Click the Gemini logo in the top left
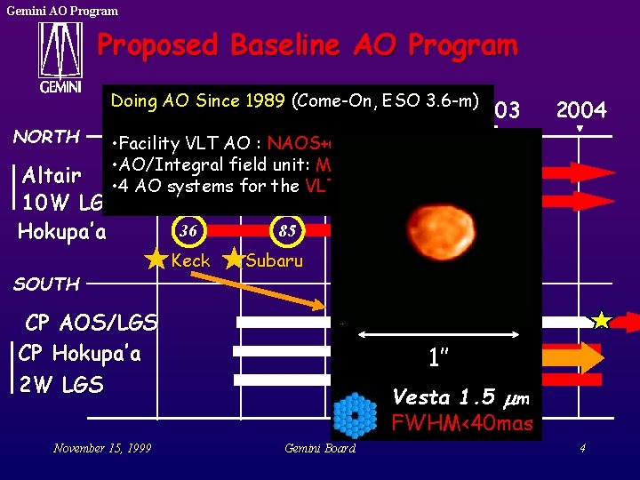click(x=60, y=59)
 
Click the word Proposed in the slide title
click(x=156, y=44)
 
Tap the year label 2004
click(x=580, y=110)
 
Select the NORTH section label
click(x=46, y=137)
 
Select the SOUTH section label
click(x=46, y=284)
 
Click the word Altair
click(x=52, y=172)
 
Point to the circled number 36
click(x=188, y=230)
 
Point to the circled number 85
click(x=286, y=230)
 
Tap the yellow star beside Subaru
click(x=233, y=260)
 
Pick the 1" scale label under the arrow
click(x=437, y=358)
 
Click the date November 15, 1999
click(x=101, y=448)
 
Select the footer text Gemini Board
click(x=319, y=448)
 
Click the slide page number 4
click(x=581, y=448)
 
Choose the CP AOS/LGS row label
click(x=92, y=322)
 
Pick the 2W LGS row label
click(x=61, y=384)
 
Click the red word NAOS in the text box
click(x=296, y=143)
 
